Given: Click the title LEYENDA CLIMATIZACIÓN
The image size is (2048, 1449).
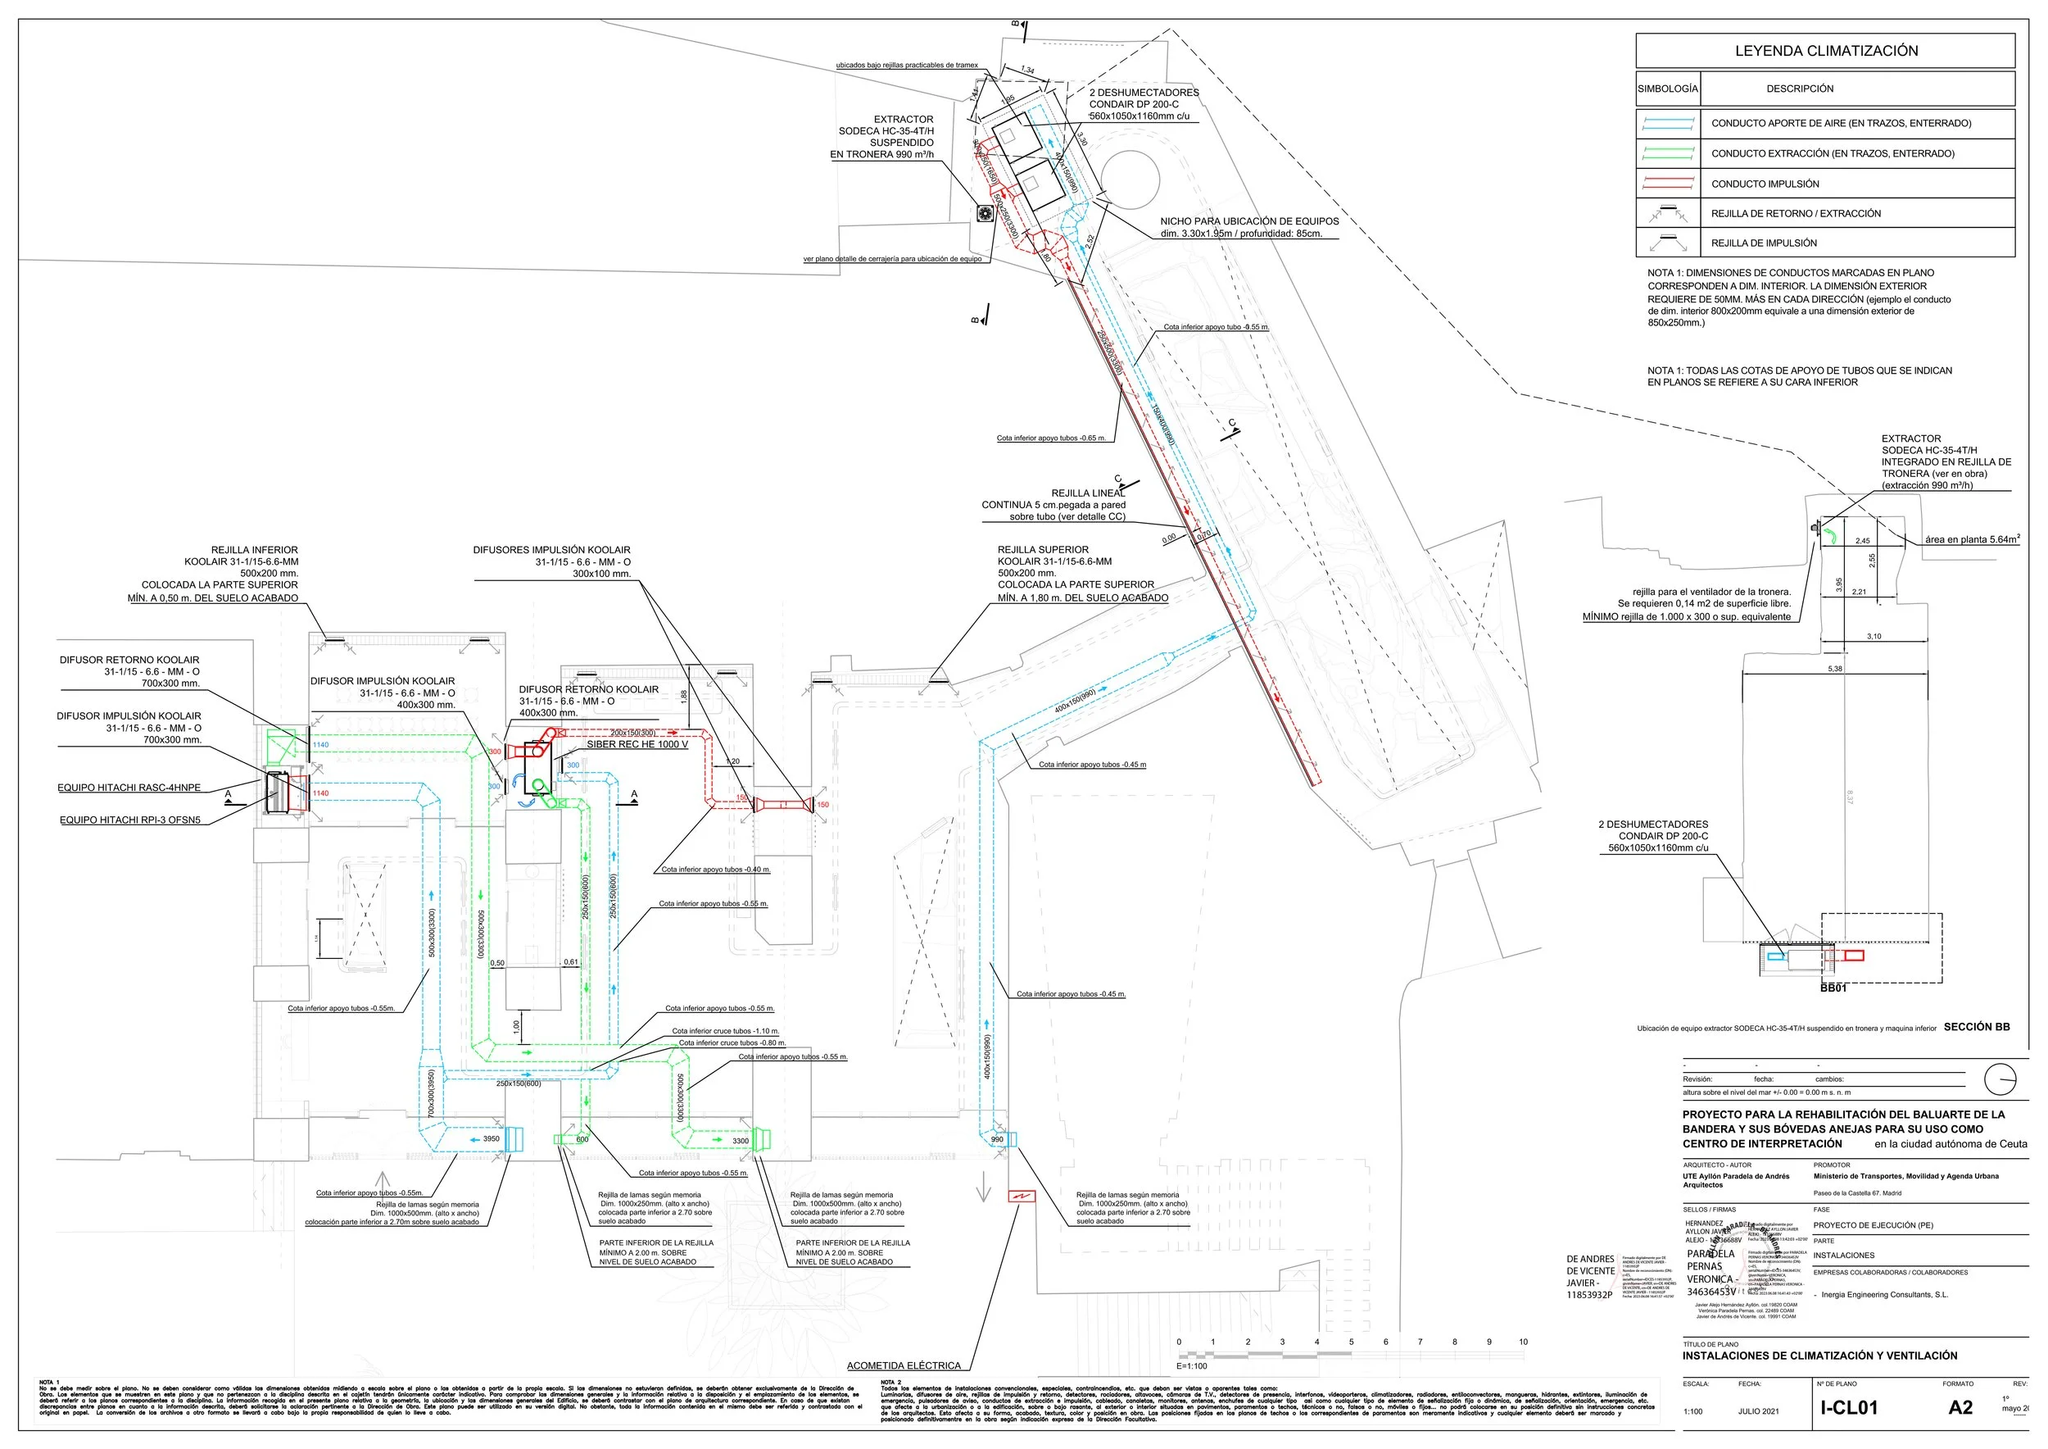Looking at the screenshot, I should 1826,51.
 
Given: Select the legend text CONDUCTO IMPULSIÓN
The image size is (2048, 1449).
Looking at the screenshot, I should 1765,184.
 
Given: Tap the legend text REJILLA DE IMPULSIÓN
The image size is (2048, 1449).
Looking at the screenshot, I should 1763,243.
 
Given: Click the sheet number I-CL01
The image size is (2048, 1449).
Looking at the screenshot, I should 1849,1408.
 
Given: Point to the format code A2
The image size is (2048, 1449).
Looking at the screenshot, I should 1960,1408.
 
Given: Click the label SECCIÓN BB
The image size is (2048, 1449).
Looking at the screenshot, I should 1977,1027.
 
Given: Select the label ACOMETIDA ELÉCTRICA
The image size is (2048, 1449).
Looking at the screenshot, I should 904,1366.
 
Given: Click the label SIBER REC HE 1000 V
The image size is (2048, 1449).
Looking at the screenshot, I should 637,744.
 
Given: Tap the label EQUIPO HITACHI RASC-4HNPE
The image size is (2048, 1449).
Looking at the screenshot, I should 129,788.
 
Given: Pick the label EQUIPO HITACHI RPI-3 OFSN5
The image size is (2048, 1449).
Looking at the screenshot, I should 130,820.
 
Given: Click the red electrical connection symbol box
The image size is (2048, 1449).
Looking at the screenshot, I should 1021,1197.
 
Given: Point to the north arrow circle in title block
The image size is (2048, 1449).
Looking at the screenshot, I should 2000,1079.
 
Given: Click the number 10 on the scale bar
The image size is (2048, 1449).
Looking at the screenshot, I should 1524,1342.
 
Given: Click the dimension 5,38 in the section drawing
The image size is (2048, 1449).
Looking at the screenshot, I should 1835,668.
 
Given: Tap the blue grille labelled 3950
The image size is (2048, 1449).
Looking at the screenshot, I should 513,1139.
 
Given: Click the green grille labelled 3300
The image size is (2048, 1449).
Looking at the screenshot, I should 761,1139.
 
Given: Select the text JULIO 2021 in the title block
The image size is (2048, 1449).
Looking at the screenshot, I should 1758,1411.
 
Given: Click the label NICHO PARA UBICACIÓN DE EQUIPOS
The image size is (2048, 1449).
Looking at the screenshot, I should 1248,221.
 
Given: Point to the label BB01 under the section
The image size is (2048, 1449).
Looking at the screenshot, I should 1833,988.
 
